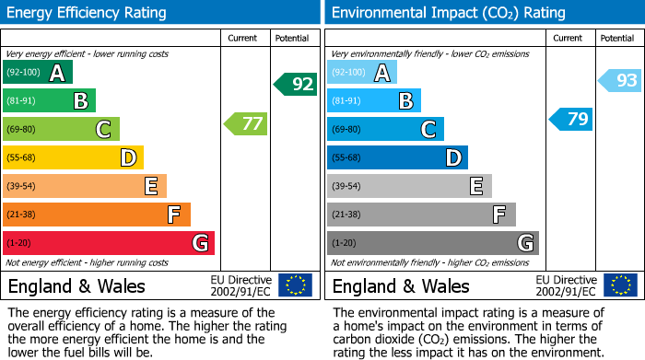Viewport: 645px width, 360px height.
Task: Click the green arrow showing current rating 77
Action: coord(246,123)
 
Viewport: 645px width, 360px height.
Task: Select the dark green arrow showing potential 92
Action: coord(296,85)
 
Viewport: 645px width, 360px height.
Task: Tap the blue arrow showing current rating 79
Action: coord(571,119)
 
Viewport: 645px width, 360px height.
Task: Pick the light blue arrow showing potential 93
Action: coord(620,81)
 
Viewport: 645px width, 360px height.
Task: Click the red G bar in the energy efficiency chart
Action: coord(109,243)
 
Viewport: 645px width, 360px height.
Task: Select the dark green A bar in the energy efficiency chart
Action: coord(38,72)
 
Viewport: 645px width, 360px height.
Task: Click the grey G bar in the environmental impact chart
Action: coord(433,243)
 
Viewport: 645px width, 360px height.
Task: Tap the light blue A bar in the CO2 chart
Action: coord(362,72)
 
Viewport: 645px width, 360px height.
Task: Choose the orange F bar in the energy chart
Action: coord(97,215)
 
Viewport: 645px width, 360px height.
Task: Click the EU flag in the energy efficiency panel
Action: coord(296,285)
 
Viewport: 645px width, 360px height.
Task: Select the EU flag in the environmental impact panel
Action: coord(620,285)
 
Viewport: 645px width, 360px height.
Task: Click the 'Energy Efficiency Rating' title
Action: coord(88,13)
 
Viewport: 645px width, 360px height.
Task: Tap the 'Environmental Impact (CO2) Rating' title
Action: coord(448,13)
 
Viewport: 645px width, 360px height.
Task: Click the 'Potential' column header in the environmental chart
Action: coord(616,38)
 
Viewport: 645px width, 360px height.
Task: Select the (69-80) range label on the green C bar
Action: coord(23,130)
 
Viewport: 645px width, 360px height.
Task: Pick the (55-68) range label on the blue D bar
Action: coord(347,158)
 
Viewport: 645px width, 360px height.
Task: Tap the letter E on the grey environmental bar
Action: coord(476,186)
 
